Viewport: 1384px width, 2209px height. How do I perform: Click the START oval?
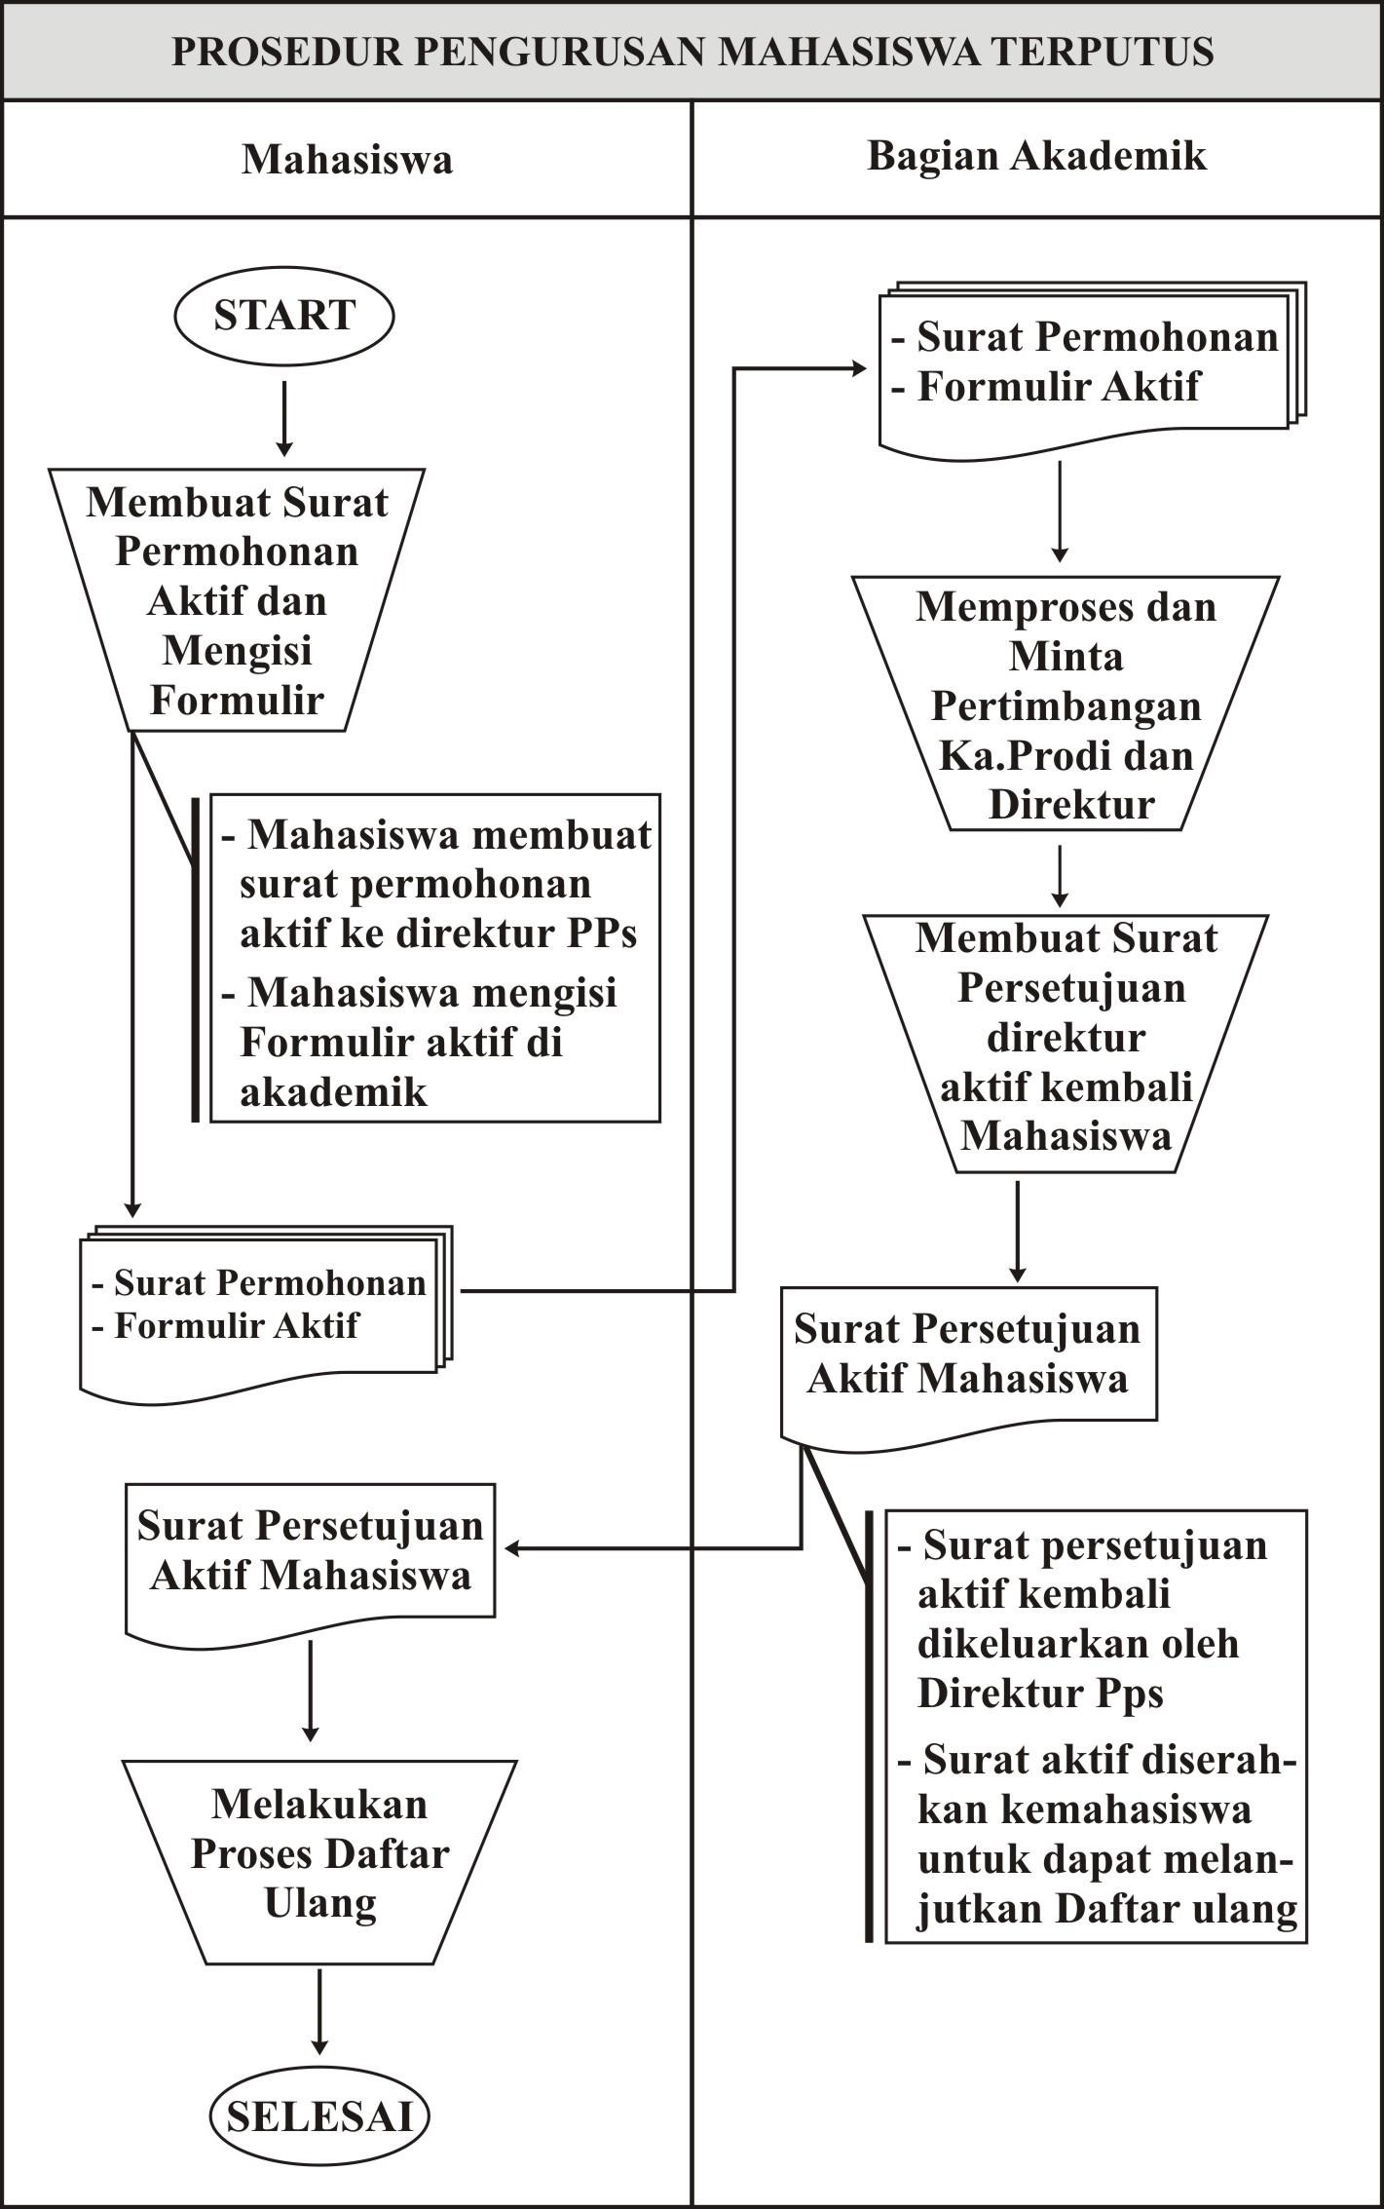pyautogui.click(x=283, y=317)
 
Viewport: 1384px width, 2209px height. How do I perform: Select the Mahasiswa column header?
pyautogui.click(x=347, y=159)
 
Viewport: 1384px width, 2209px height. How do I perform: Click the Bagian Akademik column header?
pyautogui.click(x=1036, y=156)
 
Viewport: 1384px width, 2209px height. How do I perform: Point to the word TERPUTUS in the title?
pyautogui.click(x=1103, y=52)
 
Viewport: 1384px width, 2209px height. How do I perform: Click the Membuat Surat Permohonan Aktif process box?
pyautogui.click(x=237, y=599)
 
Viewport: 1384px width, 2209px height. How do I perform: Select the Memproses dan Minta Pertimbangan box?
pyautogui.click(x=1066, y=704)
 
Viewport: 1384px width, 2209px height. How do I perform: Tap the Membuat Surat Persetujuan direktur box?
pyautogui.click(x=1066, y=1043)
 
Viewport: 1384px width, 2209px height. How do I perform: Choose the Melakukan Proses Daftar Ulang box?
pyautogui.click(x=319, y=1861)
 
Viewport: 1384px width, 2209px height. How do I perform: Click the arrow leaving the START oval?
pyautogui.click(x=283, y=418)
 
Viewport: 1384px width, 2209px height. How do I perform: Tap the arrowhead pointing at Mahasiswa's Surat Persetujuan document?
pyautogui.click(x=512, y=1548)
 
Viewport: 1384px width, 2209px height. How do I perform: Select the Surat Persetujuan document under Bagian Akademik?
pyautogui.click(x=968, y=1366)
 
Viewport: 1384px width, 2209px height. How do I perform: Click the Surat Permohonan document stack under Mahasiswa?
pyautogui.click(x=266, y=1314)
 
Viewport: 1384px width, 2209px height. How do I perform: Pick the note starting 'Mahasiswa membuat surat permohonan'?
pyautogui.click(x=434, y=959)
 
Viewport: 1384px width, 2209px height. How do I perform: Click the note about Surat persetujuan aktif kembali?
pyautogui.click(x=1096, y=1728)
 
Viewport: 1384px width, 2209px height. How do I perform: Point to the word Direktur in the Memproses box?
pyautogui.click(x=1071, y=805)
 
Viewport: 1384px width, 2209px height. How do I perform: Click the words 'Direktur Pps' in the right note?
pyautogui.click(x=1040, y=1694)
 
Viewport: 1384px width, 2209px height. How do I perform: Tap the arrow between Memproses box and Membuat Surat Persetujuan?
pyautogui.click(x=1060, y=876)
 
